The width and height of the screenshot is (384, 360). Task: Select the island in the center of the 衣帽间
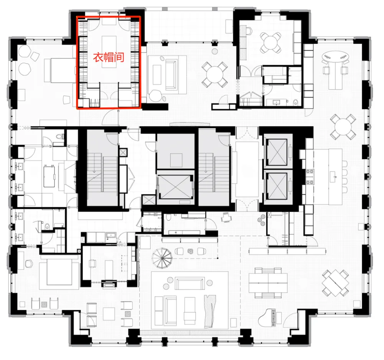(108, 52)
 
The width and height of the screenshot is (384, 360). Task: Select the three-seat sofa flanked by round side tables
(189, 284)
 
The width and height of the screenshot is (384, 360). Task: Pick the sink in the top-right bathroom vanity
(277, 101)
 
